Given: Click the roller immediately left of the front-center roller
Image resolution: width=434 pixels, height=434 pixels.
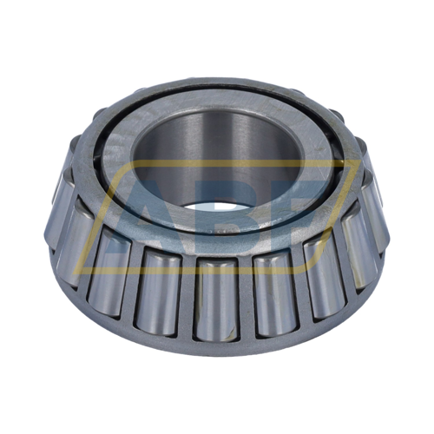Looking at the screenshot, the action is (x=159, y=293).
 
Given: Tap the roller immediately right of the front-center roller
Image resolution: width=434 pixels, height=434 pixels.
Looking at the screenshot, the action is (x=274, y=293).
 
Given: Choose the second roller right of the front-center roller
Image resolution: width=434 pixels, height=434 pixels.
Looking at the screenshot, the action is (x=324, y=276).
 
